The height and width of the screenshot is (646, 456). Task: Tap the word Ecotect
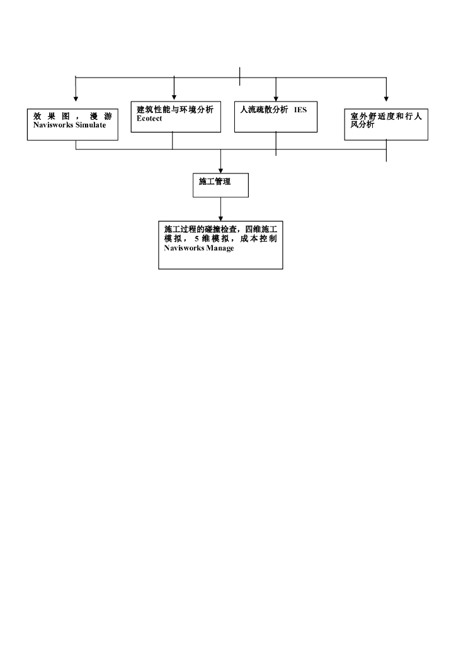point(149,118)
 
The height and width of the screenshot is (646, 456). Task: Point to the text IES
point(300,110)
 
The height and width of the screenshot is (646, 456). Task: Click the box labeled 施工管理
point(220,185)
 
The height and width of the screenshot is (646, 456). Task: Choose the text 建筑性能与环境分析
point(175,110)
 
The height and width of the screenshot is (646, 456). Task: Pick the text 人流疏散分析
point(264,110)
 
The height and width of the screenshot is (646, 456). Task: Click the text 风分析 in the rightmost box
point(362,125)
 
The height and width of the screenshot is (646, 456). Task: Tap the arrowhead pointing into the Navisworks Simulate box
point(76,99)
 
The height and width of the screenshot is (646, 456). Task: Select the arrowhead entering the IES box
point(276,98)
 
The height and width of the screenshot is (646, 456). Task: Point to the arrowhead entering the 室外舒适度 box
point(386,99)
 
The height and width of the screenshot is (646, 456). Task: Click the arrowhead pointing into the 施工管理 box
point(220,170)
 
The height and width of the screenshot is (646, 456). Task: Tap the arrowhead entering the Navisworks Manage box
point(220,218)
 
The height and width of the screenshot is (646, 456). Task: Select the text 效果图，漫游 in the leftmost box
point(72,117)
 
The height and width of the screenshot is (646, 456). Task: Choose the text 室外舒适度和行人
point(386,117)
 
